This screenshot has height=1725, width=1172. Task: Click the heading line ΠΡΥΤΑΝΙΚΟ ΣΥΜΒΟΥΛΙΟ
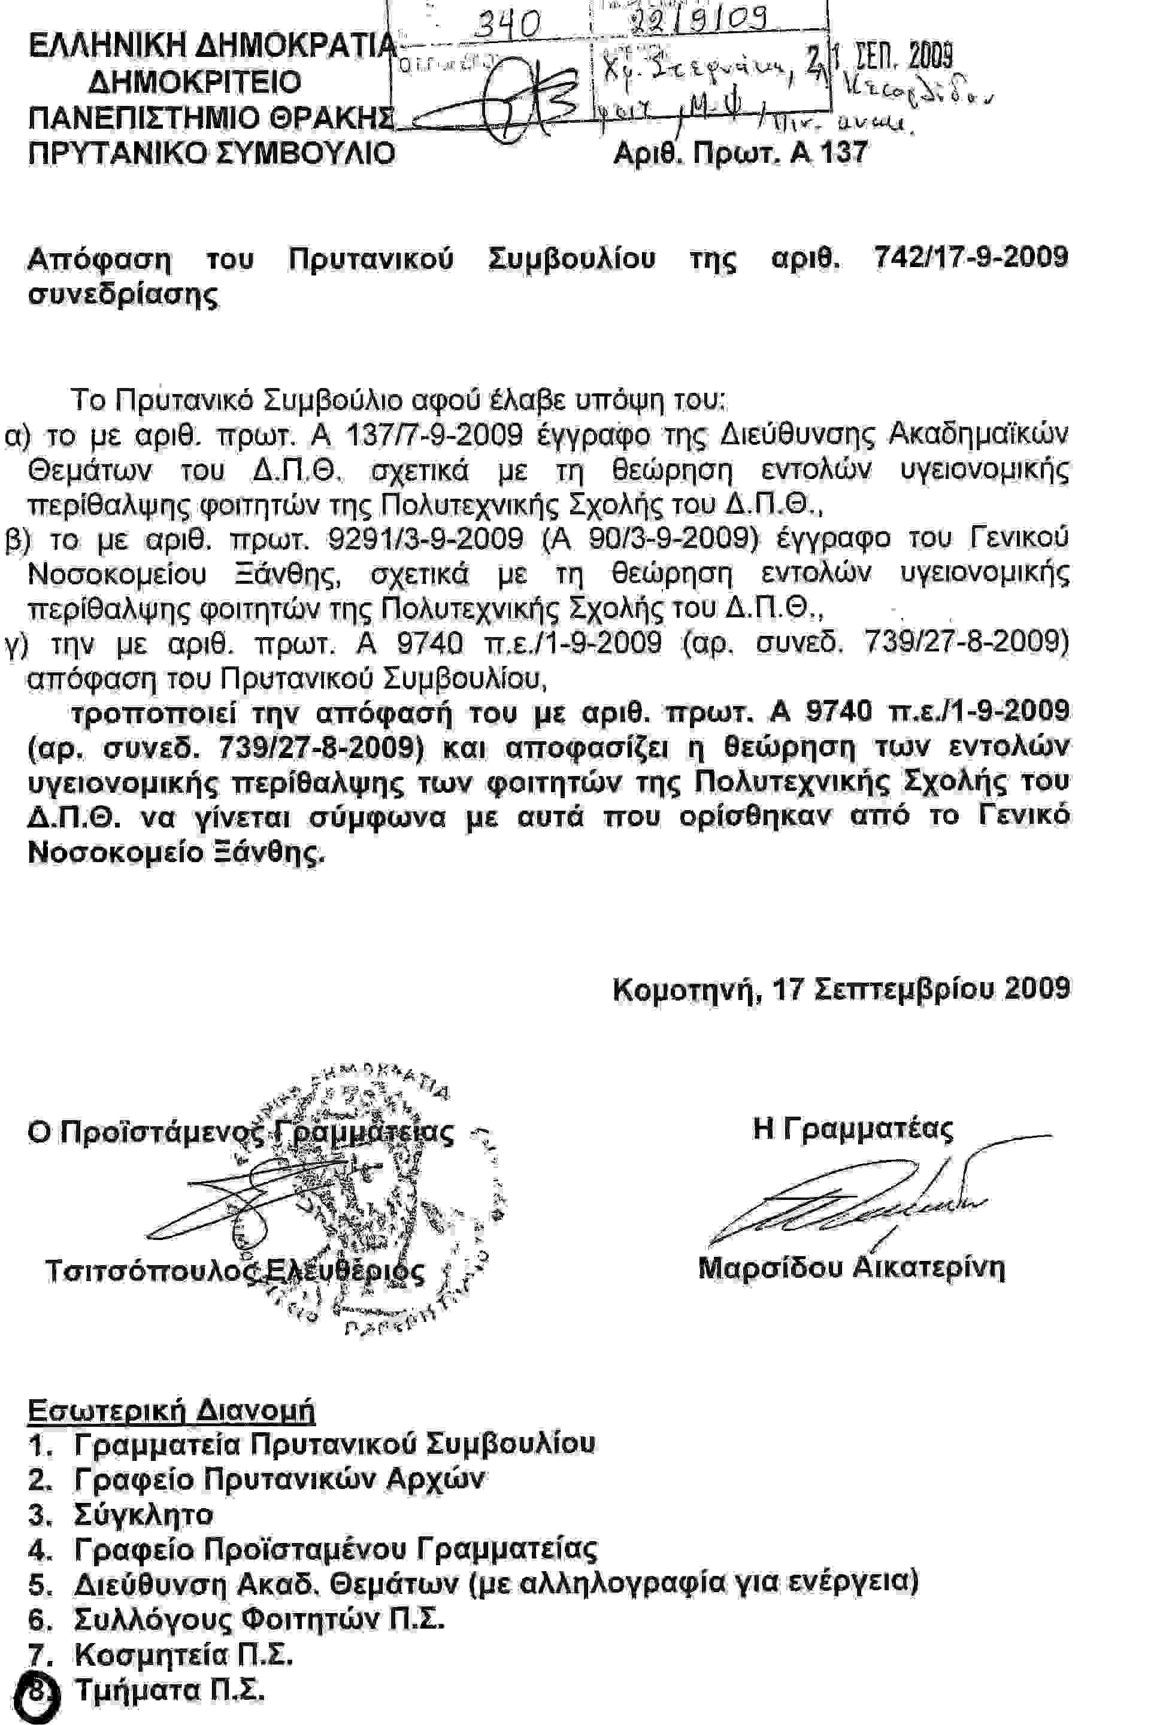point(211,154)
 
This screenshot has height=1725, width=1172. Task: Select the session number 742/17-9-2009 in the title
point(971,257)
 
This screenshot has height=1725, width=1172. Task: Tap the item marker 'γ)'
point(16,644)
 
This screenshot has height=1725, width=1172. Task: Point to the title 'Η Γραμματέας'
point(852,1129)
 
